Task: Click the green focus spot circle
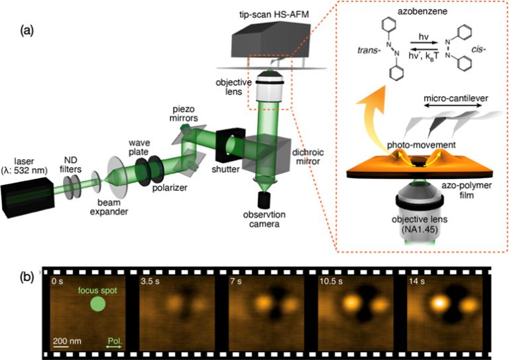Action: click(97, 304)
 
